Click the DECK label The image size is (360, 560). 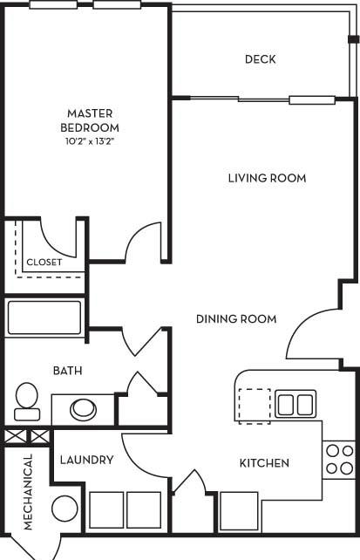point(260,59)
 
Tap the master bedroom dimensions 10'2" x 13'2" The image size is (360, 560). point(90,141)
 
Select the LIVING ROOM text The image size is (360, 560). point(268,178)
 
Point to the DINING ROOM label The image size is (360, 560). point(236,318)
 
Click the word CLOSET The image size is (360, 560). point(44,263)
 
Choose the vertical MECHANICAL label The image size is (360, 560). point(28,492)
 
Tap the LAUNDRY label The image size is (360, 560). point(86,460)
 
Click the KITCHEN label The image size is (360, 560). point(264,463)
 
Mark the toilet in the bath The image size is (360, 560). point(27,401)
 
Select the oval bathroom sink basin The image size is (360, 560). point(83,410)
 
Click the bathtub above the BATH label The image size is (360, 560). point(44,318)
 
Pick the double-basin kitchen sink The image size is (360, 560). point(295,404)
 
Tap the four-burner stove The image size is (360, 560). point(339,460)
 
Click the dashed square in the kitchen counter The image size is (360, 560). point(255,406)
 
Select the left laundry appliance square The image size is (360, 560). point(106,510)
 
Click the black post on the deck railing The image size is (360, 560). point(354,39)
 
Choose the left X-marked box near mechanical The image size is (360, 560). point(16,437)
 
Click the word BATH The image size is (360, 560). point(67,371)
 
